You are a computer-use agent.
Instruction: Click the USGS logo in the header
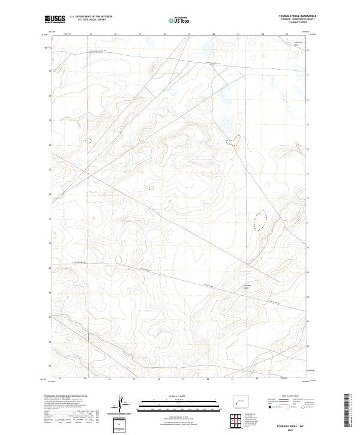[55, 19]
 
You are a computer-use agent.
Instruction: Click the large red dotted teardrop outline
[260, 219]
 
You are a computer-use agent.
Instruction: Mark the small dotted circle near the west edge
[88, 140]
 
